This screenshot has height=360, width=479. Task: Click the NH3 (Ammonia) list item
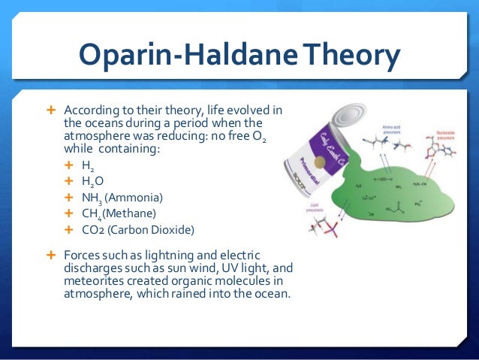[122, 197]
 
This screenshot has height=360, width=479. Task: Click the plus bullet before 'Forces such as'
[52, 254]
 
